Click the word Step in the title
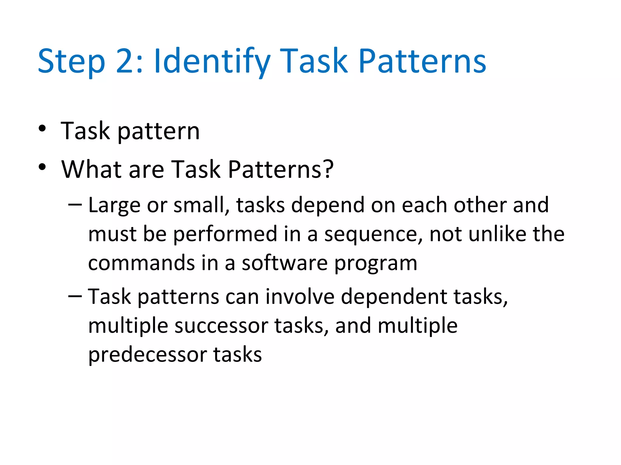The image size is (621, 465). tap(71, 62)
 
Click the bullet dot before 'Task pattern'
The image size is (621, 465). tap(42, 128)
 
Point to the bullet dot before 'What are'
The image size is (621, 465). tap(42, 167)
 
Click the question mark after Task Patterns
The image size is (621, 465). tap(328, 169)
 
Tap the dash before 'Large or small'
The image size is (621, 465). tap(75, 205)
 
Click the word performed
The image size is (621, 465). tap(225, 234)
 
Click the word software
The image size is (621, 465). tap(284, 263)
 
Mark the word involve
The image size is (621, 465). tap(300, 296)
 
